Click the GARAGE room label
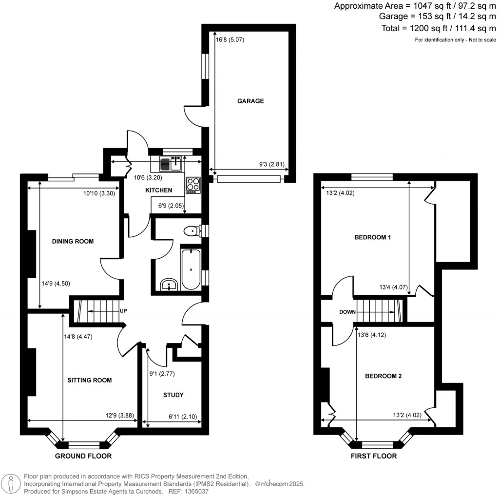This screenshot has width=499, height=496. (250, 101)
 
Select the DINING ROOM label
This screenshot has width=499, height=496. (73, 241)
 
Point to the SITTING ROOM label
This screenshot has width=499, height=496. (90, 380)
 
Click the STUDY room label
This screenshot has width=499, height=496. (173, 395)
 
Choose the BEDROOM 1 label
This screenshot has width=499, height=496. (373, 237)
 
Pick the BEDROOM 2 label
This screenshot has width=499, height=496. (384, 376)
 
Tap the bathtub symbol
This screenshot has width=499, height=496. (190, 269)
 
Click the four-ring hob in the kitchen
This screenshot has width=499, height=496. (192, 185)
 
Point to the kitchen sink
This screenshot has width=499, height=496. (171, 163)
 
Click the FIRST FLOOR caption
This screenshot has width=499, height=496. (374, 456)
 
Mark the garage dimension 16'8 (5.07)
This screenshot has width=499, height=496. (230, 39)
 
